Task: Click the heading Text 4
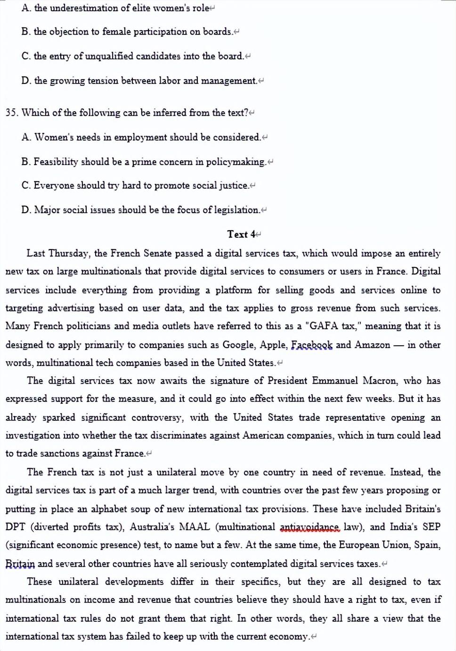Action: tap(241, 234)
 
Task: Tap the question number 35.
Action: tap(11, 113)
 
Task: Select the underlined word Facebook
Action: tap(311, 345)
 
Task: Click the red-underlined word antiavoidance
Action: tap(309, 527)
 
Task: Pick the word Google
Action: tap(239, 345)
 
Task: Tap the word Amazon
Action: tap(372, 345)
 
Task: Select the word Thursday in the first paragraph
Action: tap(69, 253)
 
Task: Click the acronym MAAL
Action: tap(194, 527)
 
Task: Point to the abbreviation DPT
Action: tap(16, 527)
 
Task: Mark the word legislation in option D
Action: tap(237, 210)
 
